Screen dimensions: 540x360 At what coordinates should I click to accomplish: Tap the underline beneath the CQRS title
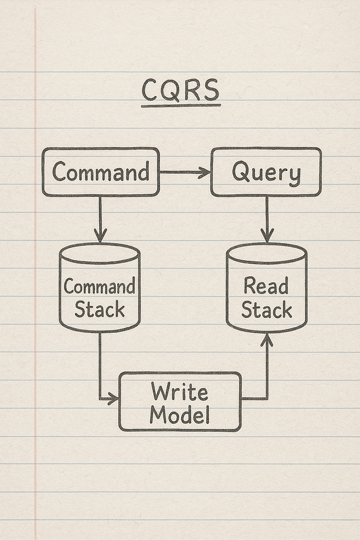[x=181, y=105]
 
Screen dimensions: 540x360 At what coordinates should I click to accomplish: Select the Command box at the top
[x=101, y=172]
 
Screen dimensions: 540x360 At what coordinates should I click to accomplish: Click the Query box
[x=266, y=172]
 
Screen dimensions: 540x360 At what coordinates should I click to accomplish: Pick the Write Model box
[x=180, y=402]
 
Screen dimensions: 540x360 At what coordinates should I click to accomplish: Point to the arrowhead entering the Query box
[x=205, y=172]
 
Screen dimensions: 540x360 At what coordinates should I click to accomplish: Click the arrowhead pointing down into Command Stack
[x=100, y=237]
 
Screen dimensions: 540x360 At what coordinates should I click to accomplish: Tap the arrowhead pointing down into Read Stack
[x=266, y=237]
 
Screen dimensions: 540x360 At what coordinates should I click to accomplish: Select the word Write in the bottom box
[x=179, y=392]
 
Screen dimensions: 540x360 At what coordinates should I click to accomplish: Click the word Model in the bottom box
[x=179, y=415]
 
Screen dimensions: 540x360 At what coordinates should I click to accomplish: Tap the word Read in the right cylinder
[x=266, y=286]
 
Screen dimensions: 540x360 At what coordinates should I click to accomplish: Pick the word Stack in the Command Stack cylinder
[x=99, y=310]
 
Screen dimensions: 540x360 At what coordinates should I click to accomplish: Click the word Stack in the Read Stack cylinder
[x=266, y=310]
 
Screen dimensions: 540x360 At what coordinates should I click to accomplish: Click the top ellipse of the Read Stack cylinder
[x=266, y=252]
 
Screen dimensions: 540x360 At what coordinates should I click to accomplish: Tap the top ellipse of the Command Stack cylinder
[x=99, y=252]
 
